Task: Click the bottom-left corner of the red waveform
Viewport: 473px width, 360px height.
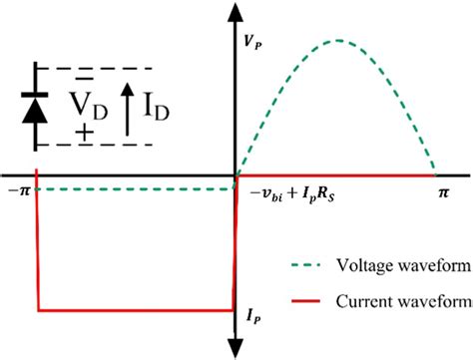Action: [x=38, y=310]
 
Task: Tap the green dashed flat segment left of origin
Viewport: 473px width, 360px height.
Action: [x=130, y=187]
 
